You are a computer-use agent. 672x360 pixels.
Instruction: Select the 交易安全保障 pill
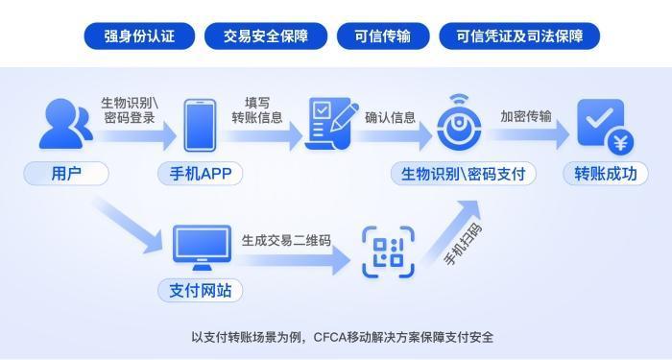tap(266, 36)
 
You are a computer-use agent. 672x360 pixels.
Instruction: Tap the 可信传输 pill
tap(382, 36)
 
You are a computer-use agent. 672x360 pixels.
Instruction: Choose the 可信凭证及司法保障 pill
tap(519, 36)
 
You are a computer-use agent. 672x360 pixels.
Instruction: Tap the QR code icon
tap(388, 252)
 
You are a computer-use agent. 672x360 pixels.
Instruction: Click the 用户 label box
tap(65, 174)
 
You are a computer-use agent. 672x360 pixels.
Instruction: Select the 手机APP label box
tap(201, 174)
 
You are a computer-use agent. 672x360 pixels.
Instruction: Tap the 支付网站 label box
tap(201, 290)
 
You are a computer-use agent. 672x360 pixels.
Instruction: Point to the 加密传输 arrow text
tap(525, 117)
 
